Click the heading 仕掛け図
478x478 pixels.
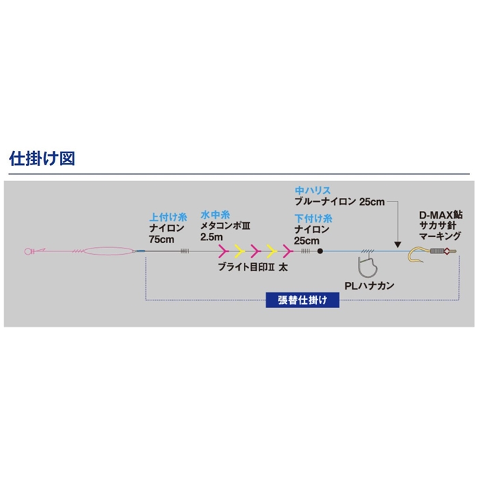pyautogui.click(x=42, y=158)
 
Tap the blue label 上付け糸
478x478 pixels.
pyautogui.click(x=168, y=217)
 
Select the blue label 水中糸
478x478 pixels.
pyautogui.click(x=215, y=215)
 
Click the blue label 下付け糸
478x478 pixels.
pyautogui.click(x=313, y=219)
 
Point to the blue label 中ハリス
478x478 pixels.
pyautogui.click(x=313, y=191)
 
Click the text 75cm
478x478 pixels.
pyautogui.click(x=162, y=239)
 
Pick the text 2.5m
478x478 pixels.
pyautogui.click(x=212, y=237)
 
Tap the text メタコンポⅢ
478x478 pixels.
pyautogui.click(x=225, y=226)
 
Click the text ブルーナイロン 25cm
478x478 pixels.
pyautogui.click(x=339, y=201)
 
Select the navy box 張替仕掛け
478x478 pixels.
pyautogui.click(x=303, y=300)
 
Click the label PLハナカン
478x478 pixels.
pyautogui.click(x=369, y=285)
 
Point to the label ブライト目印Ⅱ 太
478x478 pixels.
pyautogui.click(x=253, y=268)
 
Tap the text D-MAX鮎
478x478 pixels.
pyautogui.click(x=440, y=215)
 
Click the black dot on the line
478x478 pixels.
pyautogui.click(x=320, y=251)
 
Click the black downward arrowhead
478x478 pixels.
pyautogui.click(x=397, y=244)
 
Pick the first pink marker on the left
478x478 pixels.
pyautogui.click(x=223, y=251)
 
